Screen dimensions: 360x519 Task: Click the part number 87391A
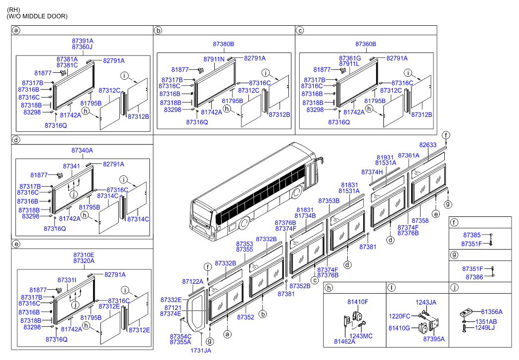click(83, 41)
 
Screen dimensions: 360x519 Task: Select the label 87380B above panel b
click(224, 44)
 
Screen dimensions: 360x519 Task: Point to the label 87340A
click(82, 150)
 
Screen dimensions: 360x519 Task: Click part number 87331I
click(67, 280)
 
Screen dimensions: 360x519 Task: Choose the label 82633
click(428, 145)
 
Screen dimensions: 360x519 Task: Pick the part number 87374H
click(372, 172)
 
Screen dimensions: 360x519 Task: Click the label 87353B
click(329, 201)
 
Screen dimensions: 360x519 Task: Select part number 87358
click(420, 220)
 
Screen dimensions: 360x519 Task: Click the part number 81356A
click(492, 312)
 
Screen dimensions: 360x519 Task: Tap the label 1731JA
click(201, 351)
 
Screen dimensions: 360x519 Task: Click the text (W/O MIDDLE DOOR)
click(37, 16)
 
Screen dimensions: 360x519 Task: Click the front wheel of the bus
click(244, 224)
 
